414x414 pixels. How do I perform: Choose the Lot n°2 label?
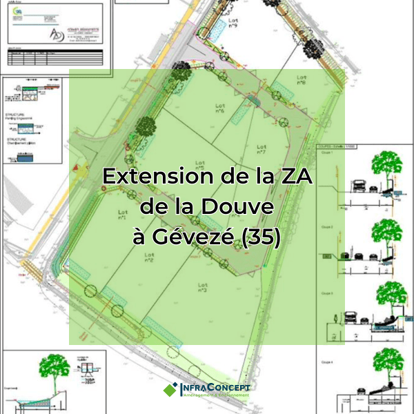(149, 257)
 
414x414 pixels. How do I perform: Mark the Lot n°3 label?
(202, 287)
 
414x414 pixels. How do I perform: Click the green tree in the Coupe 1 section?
(386, 166)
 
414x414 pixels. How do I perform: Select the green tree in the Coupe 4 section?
(386, 364)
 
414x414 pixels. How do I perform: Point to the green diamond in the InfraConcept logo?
(170, 389)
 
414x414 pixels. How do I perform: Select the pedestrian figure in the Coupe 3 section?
(336, 319)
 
